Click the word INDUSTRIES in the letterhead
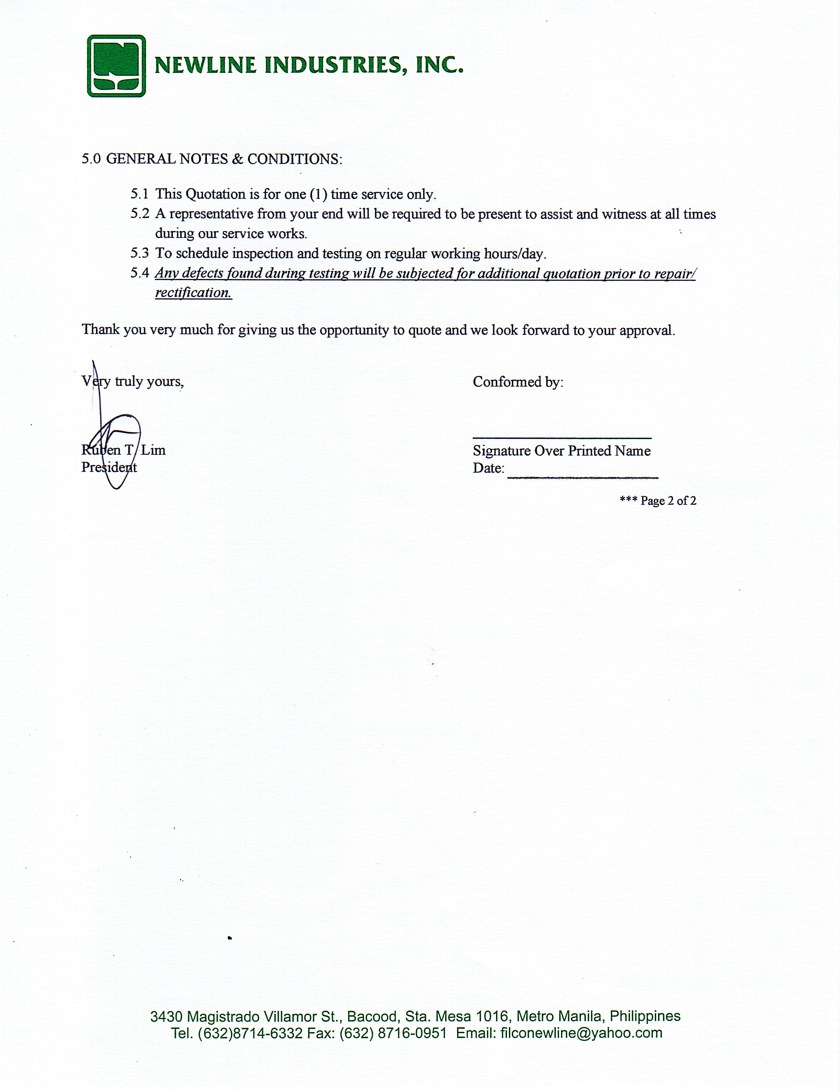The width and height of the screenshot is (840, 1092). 332,65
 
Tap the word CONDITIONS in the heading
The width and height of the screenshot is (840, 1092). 294,159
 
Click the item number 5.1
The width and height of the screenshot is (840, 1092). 140,194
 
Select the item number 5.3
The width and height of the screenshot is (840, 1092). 140,253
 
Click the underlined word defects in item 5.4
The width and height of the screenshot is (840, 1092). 202,273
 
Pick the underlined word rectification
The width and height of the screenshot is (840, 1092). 193,292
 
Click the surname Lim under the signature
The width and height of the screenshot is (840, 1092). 153,450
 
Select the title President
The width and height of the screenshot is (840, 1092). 109,467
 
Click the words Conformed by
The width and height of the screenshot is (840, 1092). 518,382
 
